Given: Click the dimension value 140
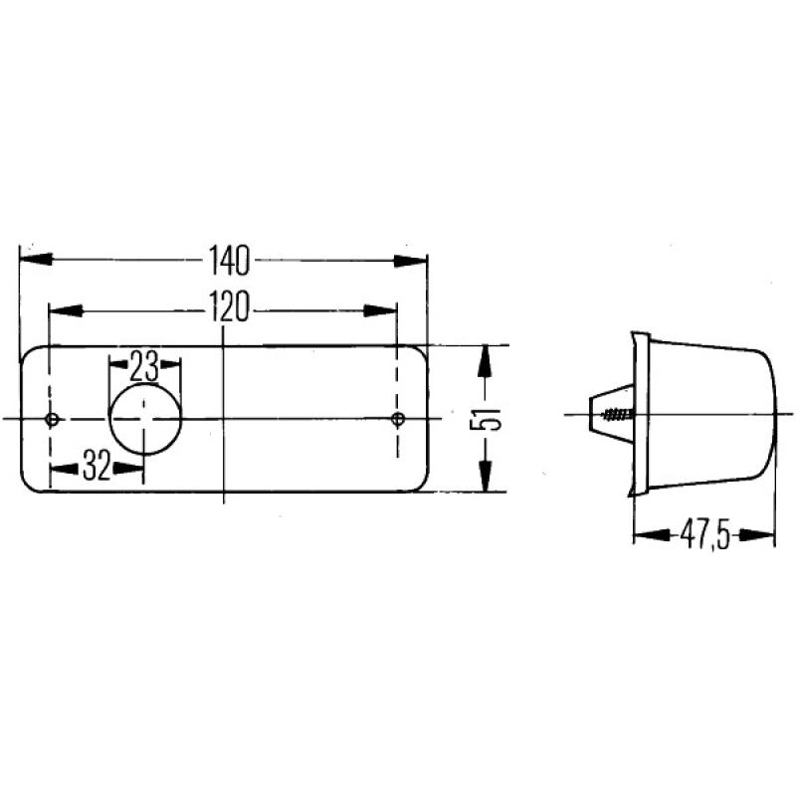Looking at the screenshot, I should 228,261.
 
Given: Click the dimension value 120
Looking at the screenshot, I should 228,310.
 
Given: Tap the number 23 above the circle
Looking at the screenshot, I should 145,367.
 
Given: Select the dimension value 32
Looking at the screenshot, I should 97,466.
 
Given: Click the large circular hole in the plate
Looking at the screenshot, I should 145,420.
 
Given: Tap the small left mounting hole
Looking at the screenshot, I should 53,419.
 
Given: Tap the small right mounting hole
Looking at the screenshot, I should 398,418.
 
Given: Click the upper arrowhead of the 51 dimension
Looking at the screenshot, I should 485,360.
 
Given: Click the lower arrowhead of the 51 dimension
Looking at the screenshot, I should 485,477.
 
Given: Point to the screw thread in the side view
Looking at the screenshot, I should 618,413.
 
